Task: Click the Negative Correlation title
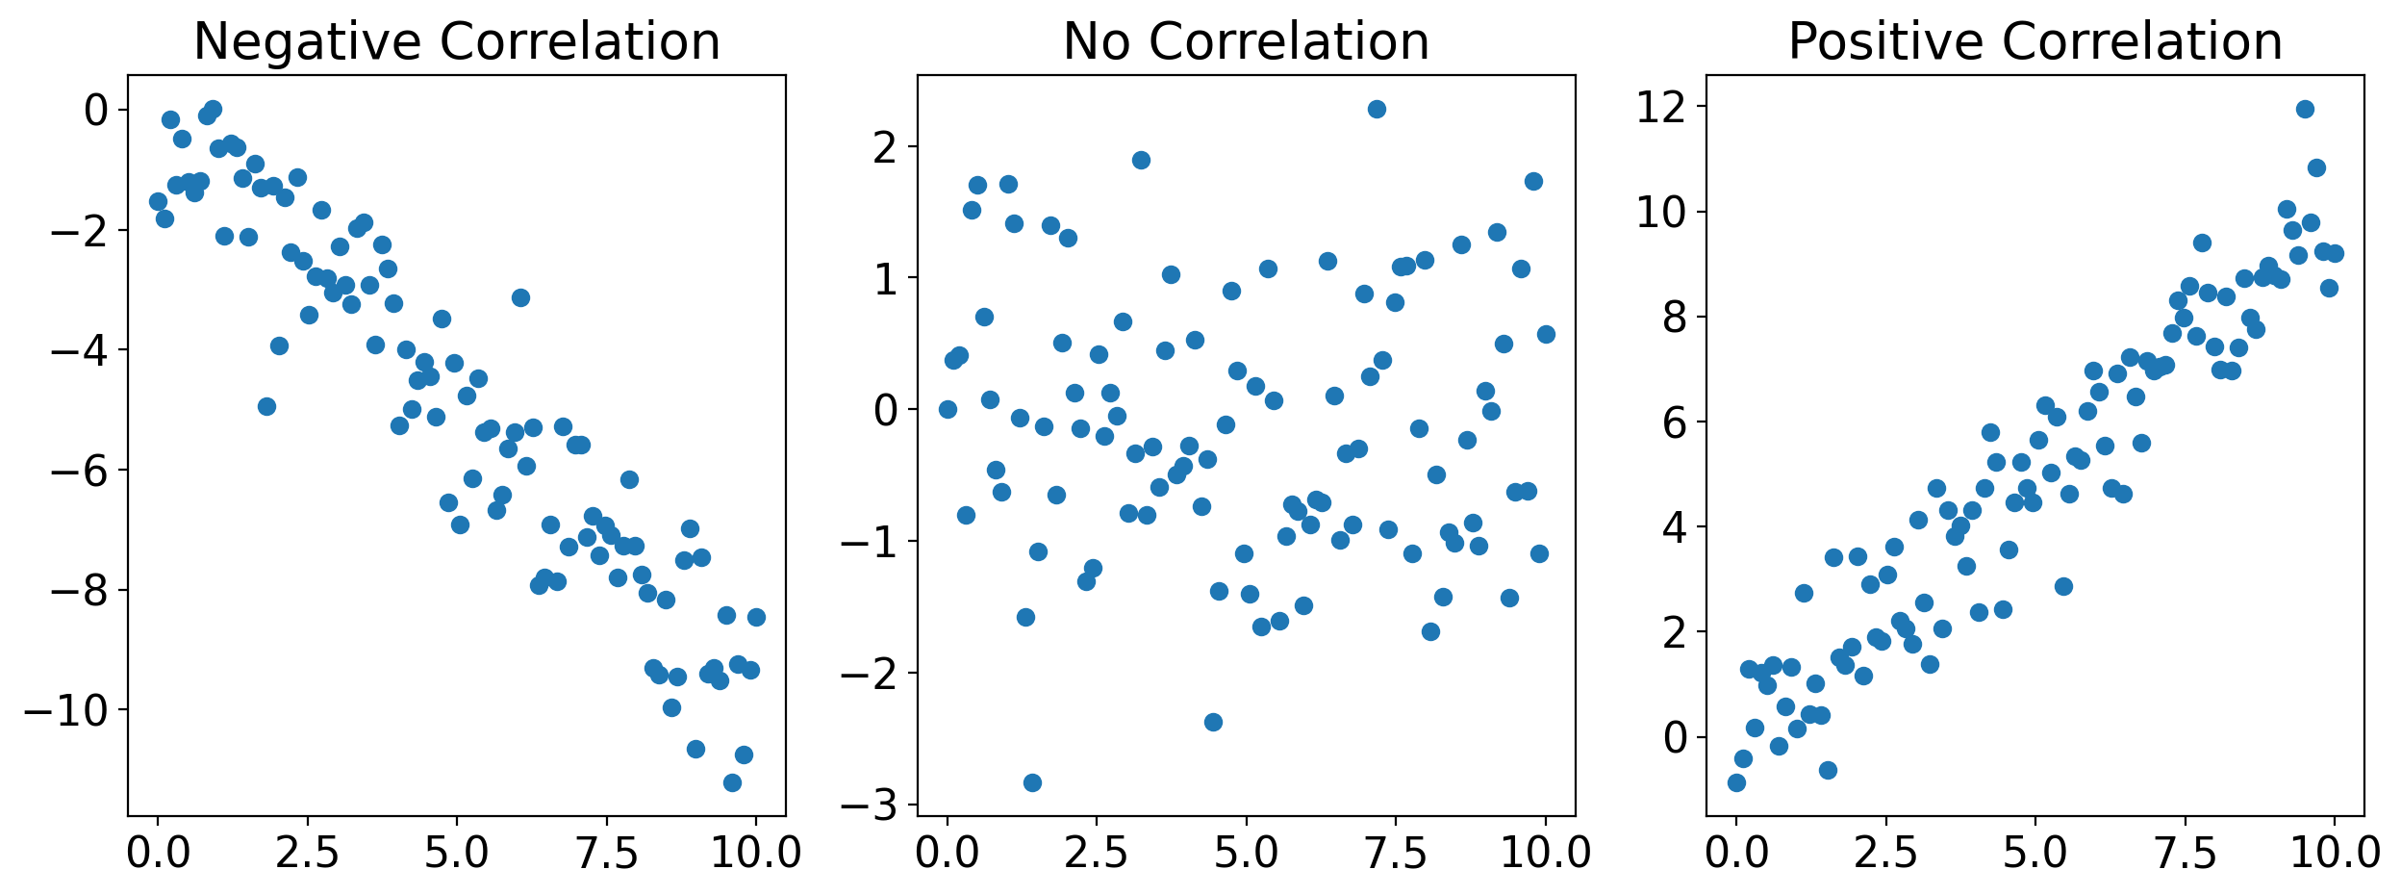click(457, 42)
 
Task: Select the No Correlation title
click(1246, 42)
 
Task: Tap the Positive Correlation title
click(2035, 42)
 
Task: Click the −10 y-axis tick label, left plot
click(65, 711)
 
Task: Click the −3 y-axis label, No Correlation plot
click(869, 805)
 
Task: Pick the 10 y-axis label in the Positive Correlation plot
click(1661, 212)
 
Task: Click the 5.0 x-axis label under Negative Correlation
click(457, 853)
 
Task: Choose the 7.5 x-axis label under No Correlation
click(1396, 853)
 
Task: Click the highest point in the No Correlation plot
click(1377, 109)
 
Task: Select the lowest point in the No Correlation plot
click(1032, 782)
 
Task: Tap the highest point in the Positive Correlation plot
click(2305, 109)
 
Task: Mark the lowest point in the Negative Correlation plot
click(732, 782)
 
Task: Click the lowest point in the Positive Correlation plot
click(1736, 782)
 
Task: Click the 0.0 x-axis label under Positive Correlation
click(1736, 853)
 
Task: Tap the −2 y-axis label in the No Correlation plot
click(869, 674)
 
